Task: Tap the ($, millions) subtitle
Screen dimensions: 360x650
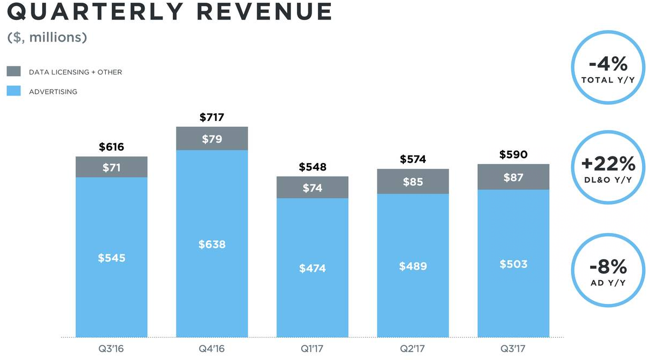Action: tap(47, 38)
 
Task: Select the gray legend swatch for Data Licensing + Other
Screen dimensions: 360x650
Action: tap(13, 71)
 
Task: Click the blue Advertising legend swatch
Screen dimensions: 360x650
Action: tap(13, 91)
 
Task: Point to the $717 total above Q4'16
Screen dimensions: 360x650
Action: tap(212, 117)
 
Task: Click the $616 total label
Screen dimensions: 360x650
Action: tap(111, 147)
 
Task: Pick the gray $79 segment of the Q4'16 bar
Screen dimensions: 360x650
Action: tap(212, 139)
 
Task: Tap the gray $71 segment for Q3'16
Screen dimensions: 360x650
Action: tap(111, 167)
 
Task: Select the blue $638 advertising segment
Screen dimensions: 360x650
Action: tap(212, 244)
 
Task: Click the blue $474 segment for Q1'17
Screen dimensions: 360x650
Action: tap(312, 268)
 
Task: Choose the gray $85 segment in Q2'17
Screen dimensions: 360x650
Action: tap(413, 181)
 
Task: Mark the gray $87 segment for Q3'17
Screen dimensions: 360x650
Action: tap(513, 177)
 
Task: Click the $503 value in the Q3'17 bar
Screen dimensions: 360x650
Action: tap(513, 264)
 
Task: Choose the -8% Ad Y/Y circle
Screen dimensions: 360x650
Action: tap(608, 271)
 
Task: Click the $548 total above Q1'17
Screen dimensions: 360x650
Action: tap(312, 167)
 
